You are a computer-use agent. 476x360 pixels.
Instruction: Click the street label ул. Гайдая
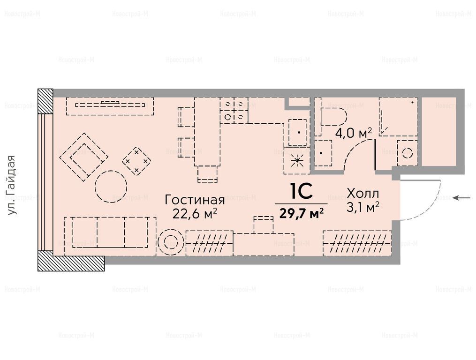click(x=12, y=185)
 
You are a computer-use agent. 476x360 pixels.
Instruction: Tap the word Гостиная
click(x=195, y=201)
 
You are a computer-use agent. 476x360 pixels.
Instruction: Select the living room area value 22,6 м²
click(x=195, y=214)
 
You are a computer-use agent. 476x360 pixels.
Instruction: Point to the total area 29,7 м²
click(x=301, y=213)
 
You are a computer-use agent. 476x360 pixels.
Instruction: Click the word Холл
click(x=363, y=194)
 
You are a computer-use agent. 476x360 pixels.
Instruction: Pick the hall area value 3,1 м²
click(x=363, y=208)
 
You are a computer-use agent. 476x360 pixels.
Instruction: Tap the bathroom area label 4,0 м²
click(x=354, y=133)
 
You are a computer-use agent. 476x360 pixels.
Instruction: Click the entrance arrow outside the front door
click(x=461, y=198)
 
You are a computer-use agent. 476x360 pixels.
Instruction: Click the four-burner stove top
click(x=234, y=111)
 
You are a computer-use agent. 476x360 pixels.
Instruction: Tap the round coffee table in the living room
click(x=111, y=187)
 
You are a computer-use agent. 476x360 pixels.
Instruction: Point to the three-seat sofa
click(x=110, y=236)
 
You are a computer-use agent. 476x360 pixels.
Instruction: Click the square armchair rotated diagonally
click(x=83, y=157)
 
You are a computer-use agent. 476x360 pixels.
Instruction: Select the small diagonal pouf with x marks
click(x=137, y=161)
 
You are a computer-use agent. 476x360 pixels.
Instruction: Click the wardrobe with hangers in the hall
click(x=357, y=243)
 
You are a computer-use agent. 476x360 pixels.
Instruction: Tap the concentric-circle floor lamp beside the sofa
click(x=170, y=242)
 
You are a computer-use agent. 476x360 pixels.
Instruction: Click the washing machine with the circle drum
click(x=407, y=153)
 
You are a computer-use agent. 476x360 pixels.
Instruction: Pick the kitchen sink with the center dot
click(x=297, y=132)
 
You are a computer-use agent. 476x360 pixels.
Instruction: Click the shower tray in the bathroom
click(x=398, y=117)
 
